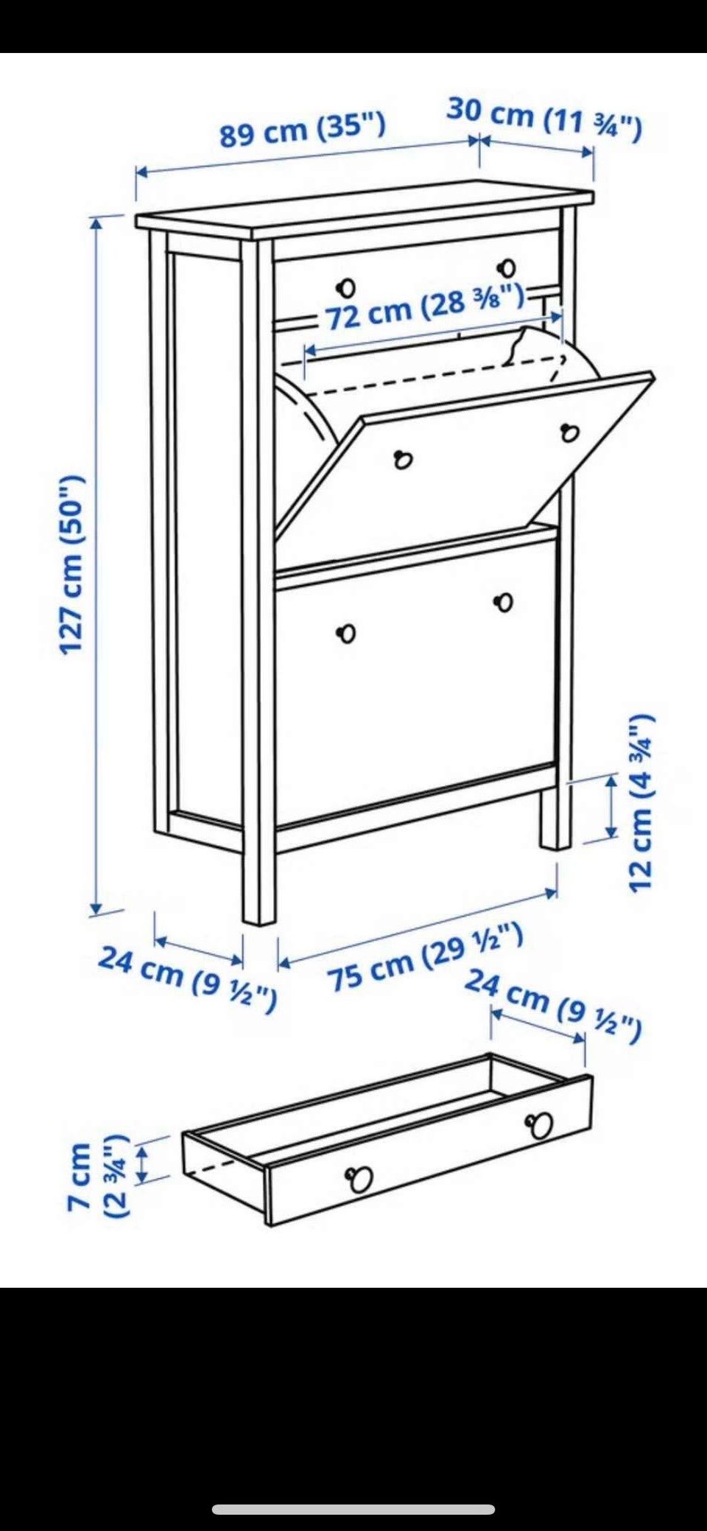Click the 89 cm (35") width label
303,130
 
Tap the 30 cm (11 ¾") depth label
544,119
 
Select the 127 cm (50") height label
73,565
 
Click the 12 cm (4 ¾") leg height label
641,803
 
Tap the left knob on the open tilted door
402,460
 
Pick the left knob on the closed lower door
347,633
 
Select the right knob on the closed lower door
504,602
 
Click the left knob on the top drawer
347,286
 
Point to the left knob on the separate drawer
360,1179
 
